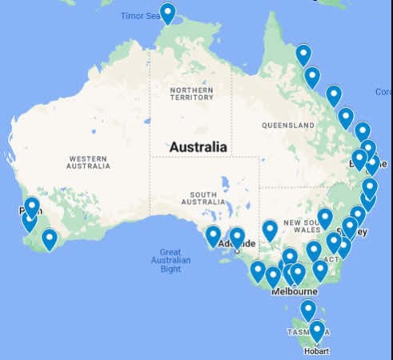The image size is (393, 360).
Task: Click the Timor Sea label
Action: pos(139,16)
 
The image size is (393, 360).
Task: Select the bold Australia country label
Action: pos(198,147)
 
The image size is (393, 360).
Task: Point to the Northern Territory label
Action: pos(191,94)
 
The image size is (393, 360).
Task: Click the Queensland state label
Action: pos(287,126)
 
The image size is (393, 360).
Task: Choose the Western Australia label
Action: pos(89,162)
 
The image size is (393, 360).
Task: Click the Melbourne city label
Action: pos(294,292)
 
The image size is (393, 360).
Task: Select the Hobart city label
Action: pos(316,350)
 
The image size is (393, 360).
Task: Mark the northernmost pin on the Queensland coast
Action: pos(303,55)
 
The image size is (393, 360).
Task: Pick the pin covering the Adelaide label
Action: pos(237,238)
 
